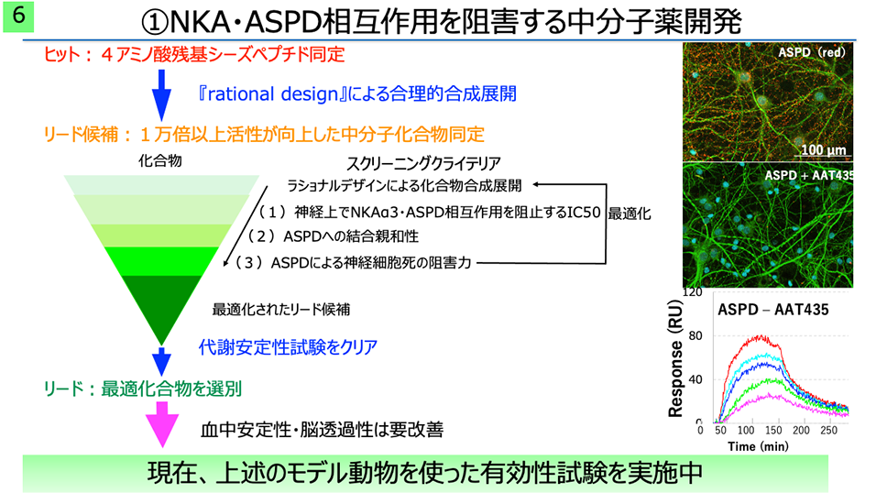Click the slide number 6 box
click(18, 16)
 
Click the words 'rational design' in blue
click(273, 93)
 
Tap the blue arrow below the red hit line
click(161, 95)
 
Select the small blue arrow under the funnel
click(161, 362)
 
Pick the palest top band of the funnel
click(161, 185)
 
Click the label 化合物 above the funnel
click(160, 161)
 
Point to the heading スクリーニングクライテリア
click(423, 164)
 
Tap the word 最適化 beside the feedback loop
click(630, 214)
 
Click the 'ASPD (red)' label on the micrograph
click(812, 52)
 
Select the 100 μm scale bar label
click(824, 149)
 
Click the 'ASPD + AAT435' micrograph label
click(809, 175)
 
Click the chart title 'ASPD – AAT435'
click(773, 310)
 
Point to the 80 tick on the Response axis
click(695, 336)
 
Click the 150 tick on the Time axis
click(773, 431)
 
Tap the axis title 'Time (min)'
click(758, 446)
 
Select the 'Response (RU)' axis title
click(675, 358)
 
